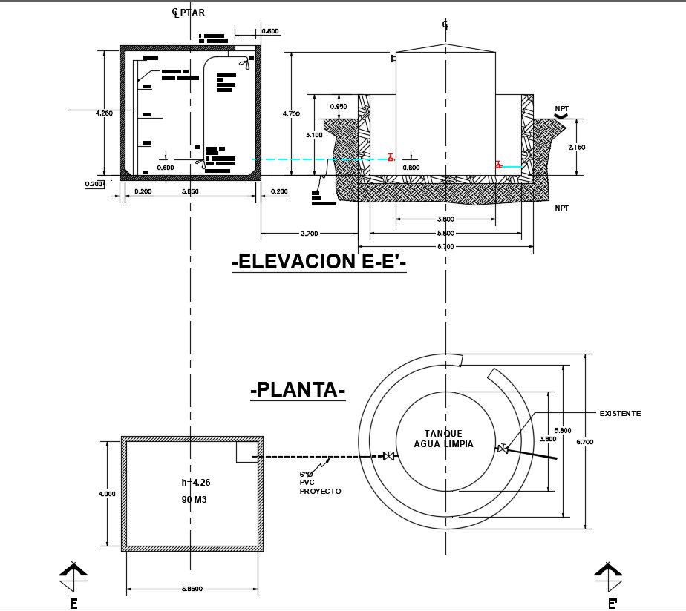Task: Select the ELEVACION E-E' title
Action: (x=319, y=262)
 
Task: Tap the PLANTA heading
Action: (x=298, y=389)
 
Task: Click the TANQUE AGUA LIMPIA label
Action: (x=444, y=439)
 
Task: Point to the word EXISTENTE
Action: (x=619, y=413)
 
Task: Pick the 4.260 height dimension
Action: (x=104, y=113)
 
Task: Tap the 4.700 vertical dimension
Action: (x=291, y=113)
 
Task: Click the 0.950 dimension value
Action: (x=338, y=106)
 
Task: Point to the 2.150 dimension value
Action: (x=576, y=147)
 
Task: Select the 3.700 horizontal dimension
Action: (x=309, y=233)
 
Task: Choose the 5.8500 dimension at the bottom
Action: (x=192, y=589)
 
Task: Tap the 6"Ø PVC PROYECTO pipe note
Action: (x=320, y=482)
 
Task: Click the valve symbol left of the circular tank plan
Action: (x=388, y=456)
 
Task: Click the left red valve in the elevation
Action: (x=391, y=157)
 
